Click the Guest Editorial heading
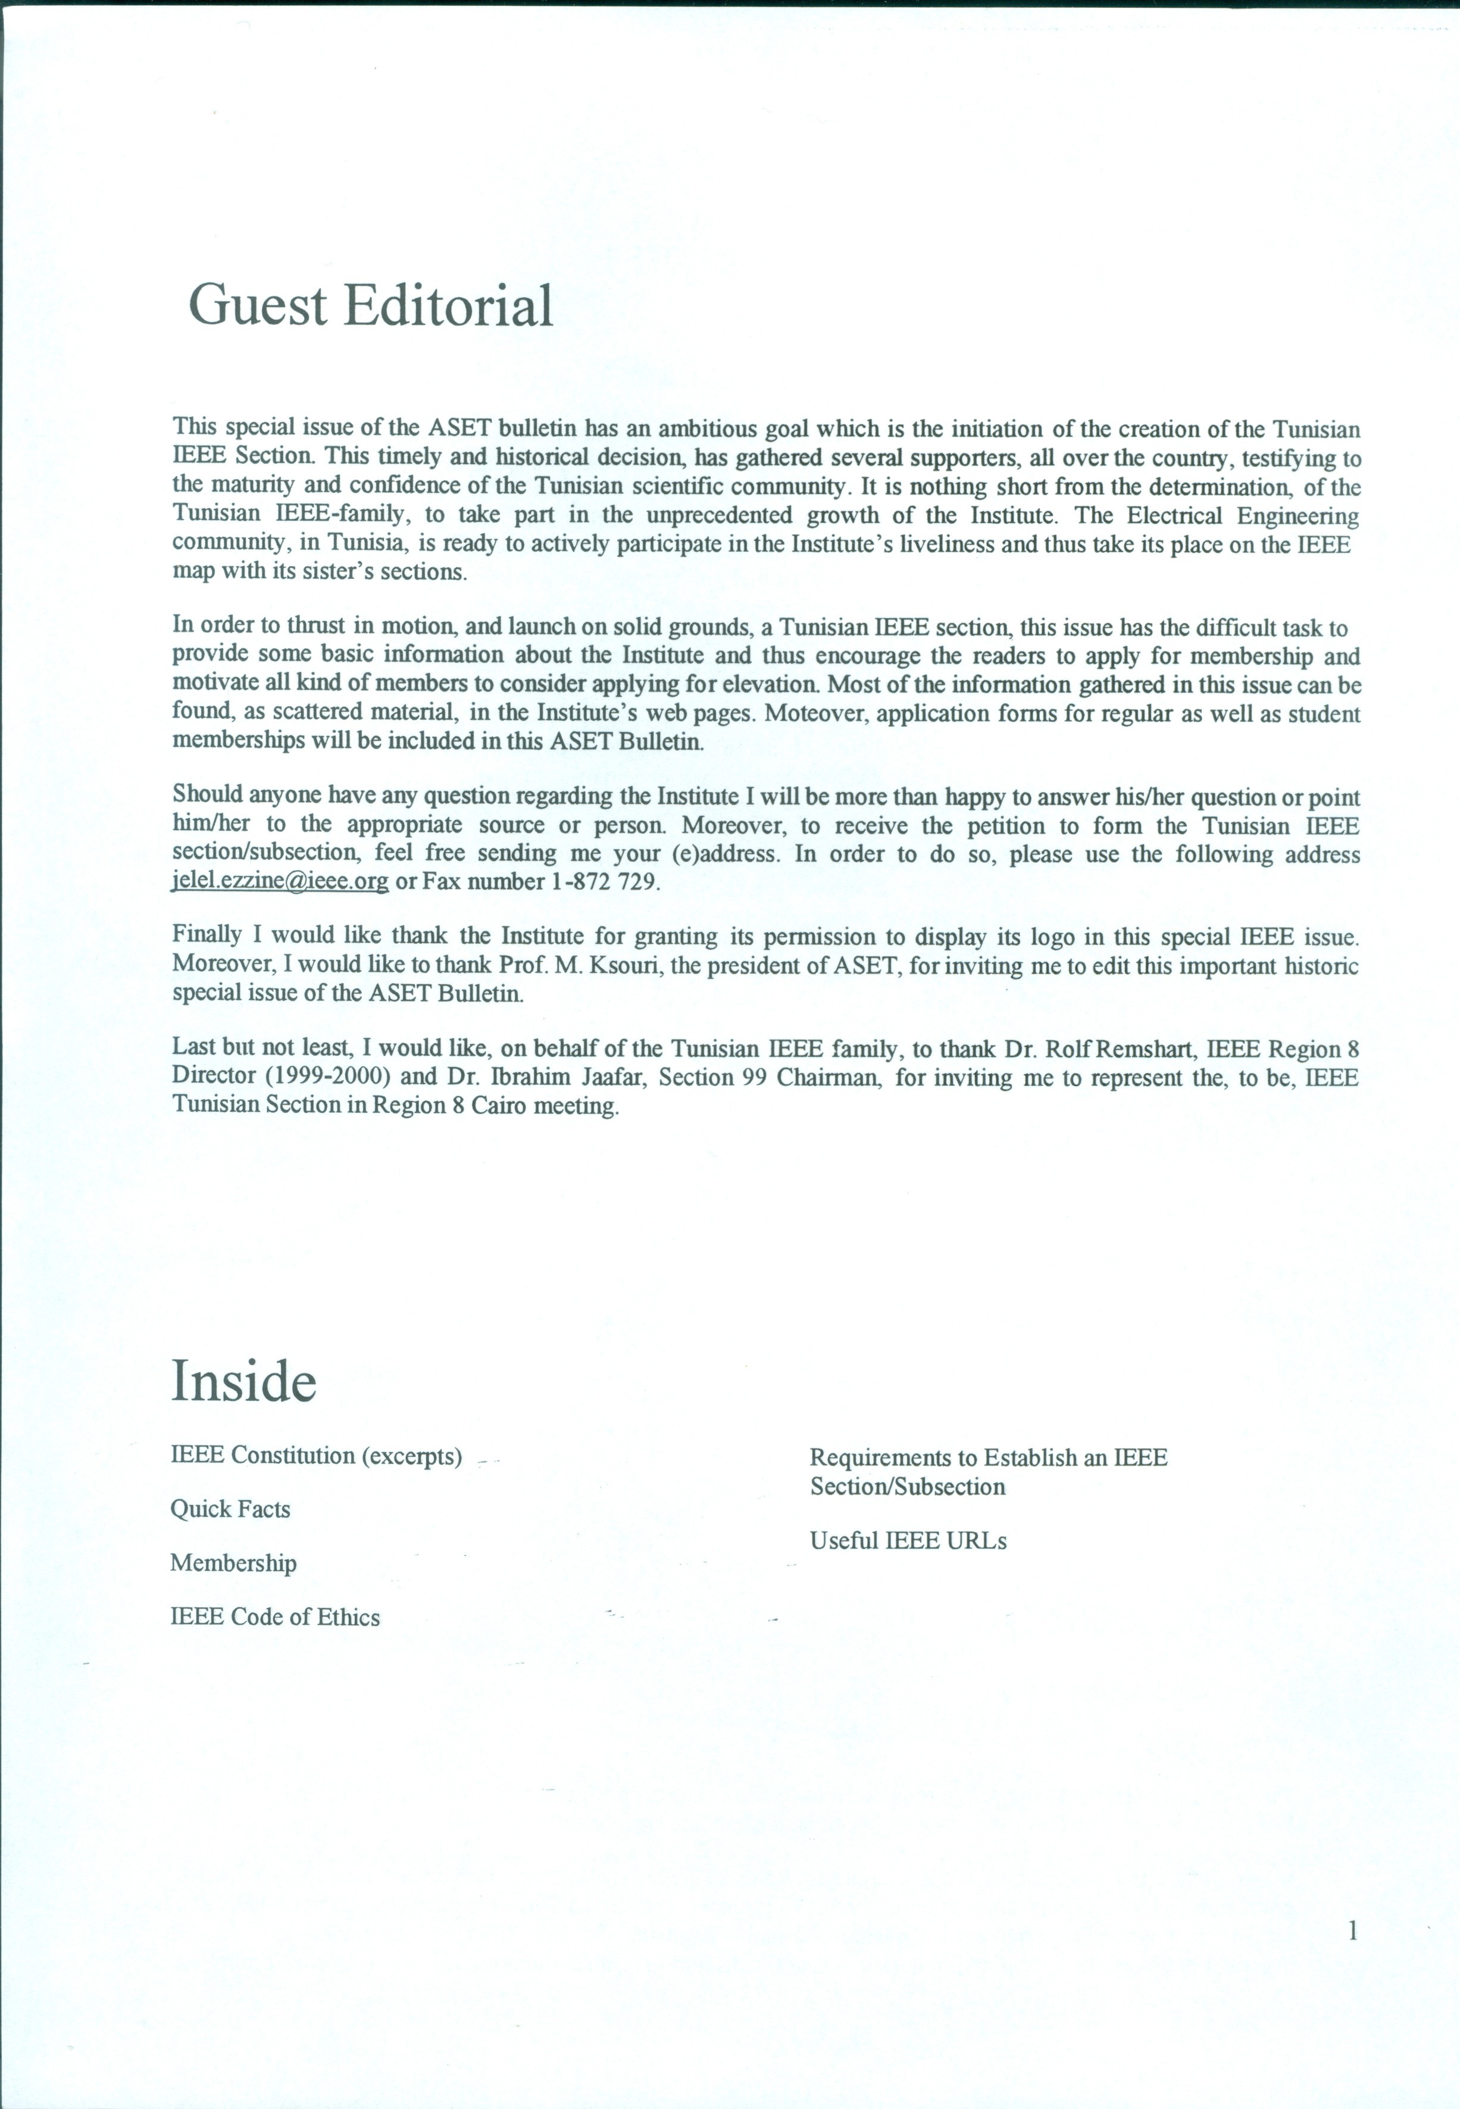pyautogui.click(x=370, y=305)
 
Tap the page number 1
pyautogui.click(x=1353, y=1930)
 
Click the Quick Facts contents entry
pyautogui.click(x=230, y=1509)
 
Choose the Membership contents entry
pyautogui.click(x=233, y=1563)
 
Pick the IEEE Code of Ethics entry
pyautogui.click(x=274, y=1617)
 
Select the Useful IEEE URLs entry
pyautogui.click(x=908, y=1541)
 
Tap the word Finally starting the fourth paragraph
pyautogui.click(x=207, y=935)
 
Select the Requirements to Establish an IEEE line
pyautogui.click(x=988, y=1458)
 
